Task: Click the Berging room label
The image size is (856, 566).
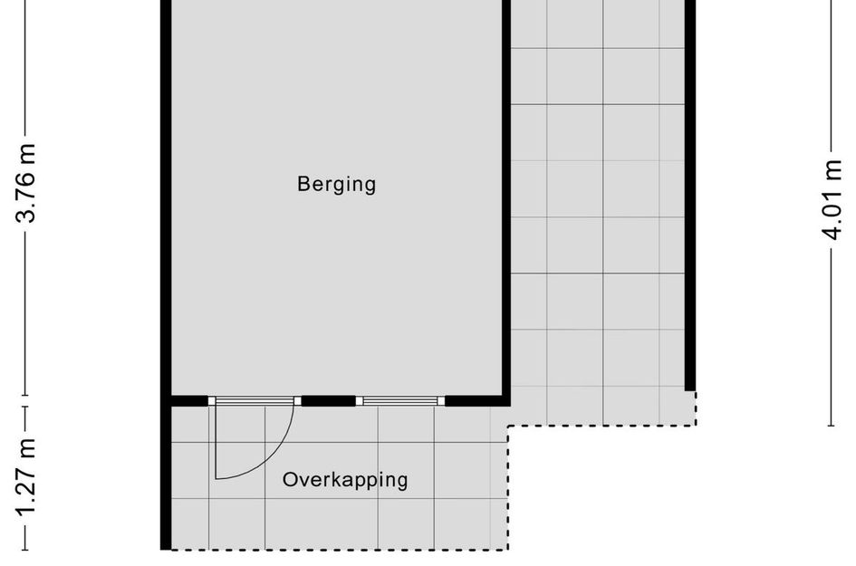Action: coord(336,185)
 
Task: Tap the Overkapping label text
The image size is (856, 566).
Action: coord(345,480)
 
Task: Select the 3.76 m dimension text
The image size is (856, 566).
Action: coord(28,183)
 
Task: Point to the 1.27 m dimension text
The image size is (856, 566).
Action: coord(28,477)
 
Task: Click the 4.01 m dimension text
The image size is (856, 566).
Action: coord(831,200)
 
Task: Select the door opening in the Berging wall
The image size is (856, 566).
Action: coord(255,400)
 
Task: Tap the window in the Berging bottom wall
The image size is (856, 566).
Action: coord(400,400)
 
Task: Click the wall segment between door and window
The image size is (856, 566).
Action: coord(328,400)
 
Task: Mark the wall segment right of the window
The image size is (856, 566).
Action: coord(476,400)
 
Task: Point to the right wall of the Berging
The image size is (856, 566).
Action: coord(506,199)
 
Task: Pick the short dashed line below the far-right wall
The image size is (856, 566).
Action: coord(695,408)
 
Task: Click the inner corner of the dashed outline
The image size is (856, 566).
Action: coord(508,426)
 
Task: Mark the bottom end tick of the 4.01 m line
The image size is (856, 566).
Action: coord(831,425)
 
